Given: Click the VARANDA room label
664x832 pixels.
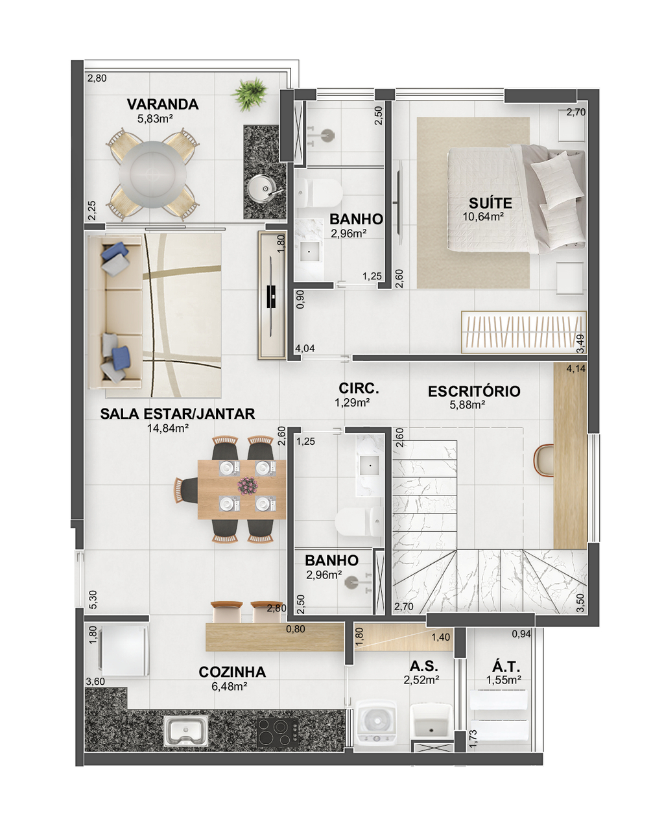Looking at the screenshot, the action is [162, 104].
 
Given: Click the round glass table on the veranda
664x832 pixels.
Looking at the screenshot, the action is [152, 174].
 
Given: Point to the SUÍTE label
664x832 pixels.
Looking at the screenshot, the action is [490, 203].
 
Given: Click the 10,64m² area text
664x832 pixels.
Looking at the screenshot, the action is [483, 217].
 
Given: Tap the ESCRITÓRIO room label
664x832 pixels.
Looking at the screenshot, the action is [474, 391].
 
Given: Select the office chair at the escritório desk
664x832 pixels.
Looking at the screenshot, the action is [543, 459].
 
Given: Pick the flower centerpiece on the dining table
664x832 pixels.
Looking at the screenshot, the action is [248, 486].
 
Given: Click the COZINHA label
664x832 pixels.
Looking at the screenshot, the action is [232, 672].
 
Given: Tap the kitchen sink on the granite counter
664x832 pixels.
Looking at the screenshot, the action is [185, 730].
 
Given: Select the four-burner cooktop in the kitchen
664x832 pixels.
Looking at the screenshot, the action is [278, 732].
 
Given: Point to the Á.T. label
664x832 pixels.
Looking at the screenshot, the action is [506, 667].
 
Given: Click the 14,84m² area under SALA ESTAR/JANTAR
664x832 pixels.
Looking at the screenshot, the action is [168, 428].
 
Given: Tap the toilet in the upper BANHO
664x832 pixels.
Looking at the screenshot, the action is [320, 193].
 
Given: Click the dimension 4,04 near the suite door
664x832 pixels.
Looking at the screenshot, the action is [305, 348].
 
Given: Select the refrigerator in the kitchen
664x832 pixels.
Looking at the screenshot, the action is [124, 650].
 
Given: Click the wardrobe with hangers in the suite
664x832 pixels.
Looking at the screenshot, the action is [524, 332].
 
